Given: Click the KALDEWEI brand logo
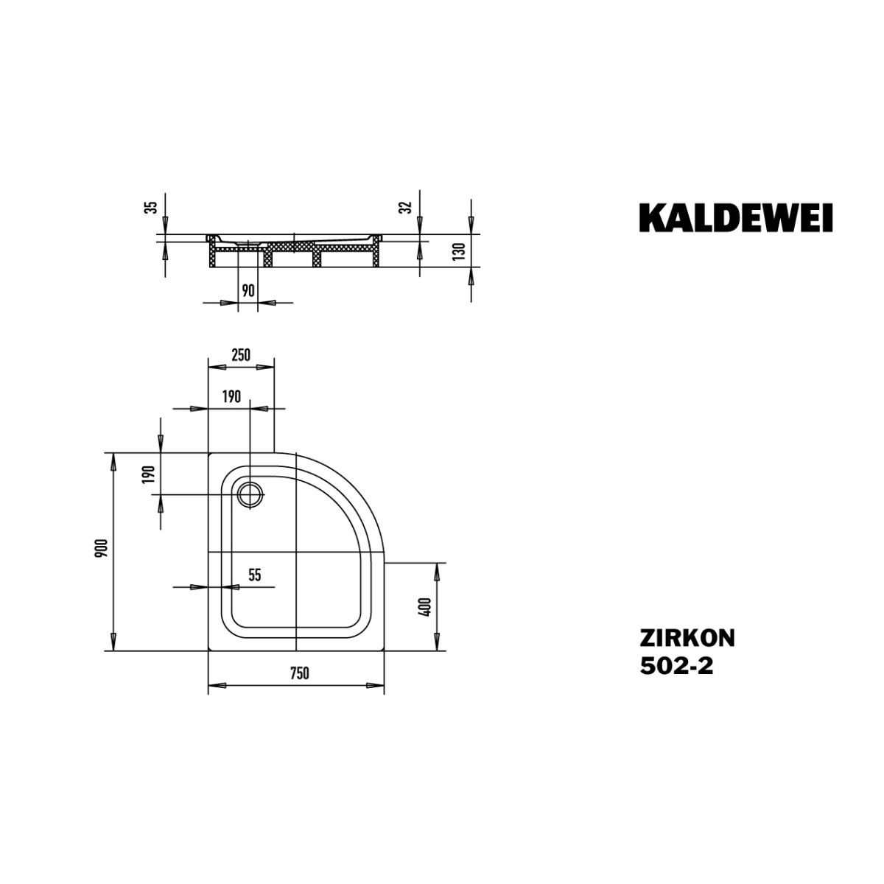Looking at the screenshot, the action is (735, 218).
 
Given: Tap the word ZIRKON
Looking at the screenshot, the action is (687, 638).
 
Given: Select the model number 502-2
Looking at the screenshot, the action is (676, 666).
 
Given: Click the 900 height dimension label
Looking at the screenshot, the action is (102, 548).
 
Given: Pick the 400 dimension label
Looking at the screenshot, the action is (425, 607).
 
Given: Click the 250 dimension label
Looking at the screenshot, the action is (240, 354).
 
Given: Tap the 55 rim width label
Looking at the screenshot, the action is (255, 575).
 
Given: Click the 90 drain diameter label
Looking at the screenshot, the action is (248, 290).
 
